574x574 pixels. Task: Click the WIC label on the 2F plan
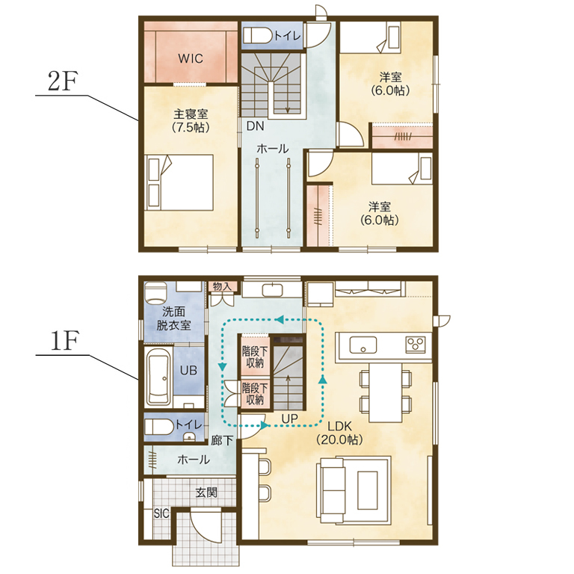[191, 58]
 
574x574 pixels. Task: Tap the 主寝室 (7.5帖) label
[191, 120]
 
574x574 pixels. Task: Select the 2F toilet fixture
[257, 36]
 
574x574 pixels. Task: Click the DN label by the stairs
[255, 126]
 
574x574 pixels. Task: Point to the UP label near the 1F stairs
[289, 419]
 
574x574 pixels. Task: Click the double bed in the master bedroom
[179, 182]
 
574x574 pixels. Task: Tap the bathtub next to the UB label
[159, 377]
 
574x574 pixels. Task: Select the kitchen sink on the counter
[362, 345]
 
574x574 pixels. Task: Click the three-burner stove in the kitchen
[416, 345]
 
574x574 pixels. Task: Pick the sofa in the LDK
[333, 490]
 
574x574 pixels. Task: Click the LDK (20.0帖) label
[340, 433]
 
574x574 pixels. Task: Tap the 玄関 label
[206, 493]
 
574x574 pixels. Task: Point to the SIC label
[161, 513]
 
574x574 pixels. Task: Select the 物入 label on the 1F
[222, 287]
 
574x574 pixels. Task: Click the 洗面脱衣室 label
[174, 318]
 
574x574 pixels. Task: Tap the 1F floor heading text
[64, 342]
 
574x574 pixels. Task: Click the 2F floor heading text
[63, 82]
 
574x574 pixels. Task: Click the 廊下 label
[222, 440]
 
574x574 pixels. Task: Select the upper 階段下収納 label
[255, 357]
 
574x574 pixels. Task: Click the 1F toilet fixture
[160, 427]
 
